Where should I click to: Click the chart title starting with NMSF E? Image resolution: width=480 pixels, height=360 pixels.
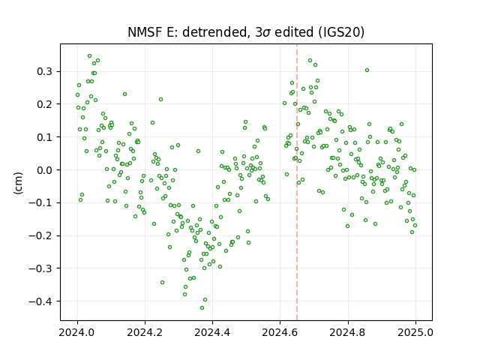tap(246, 32)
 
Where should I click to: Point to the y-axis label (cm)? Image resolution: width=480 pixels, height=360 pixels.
tap(18, 183)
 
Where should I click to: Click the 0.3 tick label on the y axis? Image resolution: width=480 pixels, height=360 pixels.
tap(45, 72)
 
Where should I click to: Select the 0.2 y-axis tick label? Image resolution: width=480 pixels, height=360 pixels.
tap(45, 104)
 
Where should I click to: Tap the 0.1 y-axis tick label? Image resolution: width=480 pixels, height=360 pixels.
tap(45, 137)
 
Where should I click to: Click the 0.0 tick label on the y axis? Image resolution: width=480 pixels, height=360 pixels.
tap(45, 170)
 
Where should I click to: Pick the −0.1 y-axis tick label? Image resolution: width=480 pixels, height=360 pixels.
tap(40, 203)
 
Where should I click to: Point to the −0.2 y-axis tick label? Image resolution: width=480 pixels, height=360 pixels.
tap(40, 235)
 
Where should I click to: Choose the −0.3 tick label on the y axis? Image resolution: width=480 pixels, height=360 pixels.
tap(40, 268)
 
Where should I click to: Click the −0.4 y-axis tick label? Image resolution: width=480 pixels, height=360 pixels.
tap(40, 301)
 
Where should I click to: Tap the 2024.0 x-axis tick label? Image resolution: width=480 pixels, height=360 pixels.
tap(77, 332)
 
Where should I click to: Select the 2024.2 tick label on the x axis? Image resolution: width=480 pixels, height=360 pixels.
tap(145, 332)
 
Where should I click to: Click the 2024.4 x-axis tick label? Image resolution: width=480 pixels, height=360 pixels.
tap(212, 332)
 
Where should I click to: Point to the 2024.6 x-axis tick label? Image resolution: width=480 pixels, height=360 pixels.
tap(280, 332)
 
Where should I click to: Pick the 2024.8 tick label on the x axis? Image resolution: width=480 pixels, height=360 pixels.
tap(347, 332)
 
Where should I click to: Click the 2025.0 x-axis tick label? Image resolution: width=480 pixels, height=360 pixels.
tap(415, 332)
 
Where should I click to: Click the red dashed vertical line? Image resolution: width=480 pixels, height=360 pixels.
tap(297, 182)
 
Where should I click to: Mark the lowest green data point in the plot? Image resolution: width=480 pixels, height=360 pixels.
tap(202, 307)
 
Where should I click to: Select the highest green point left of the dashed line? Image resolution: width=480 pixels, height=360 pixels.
tap(90, 56)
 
